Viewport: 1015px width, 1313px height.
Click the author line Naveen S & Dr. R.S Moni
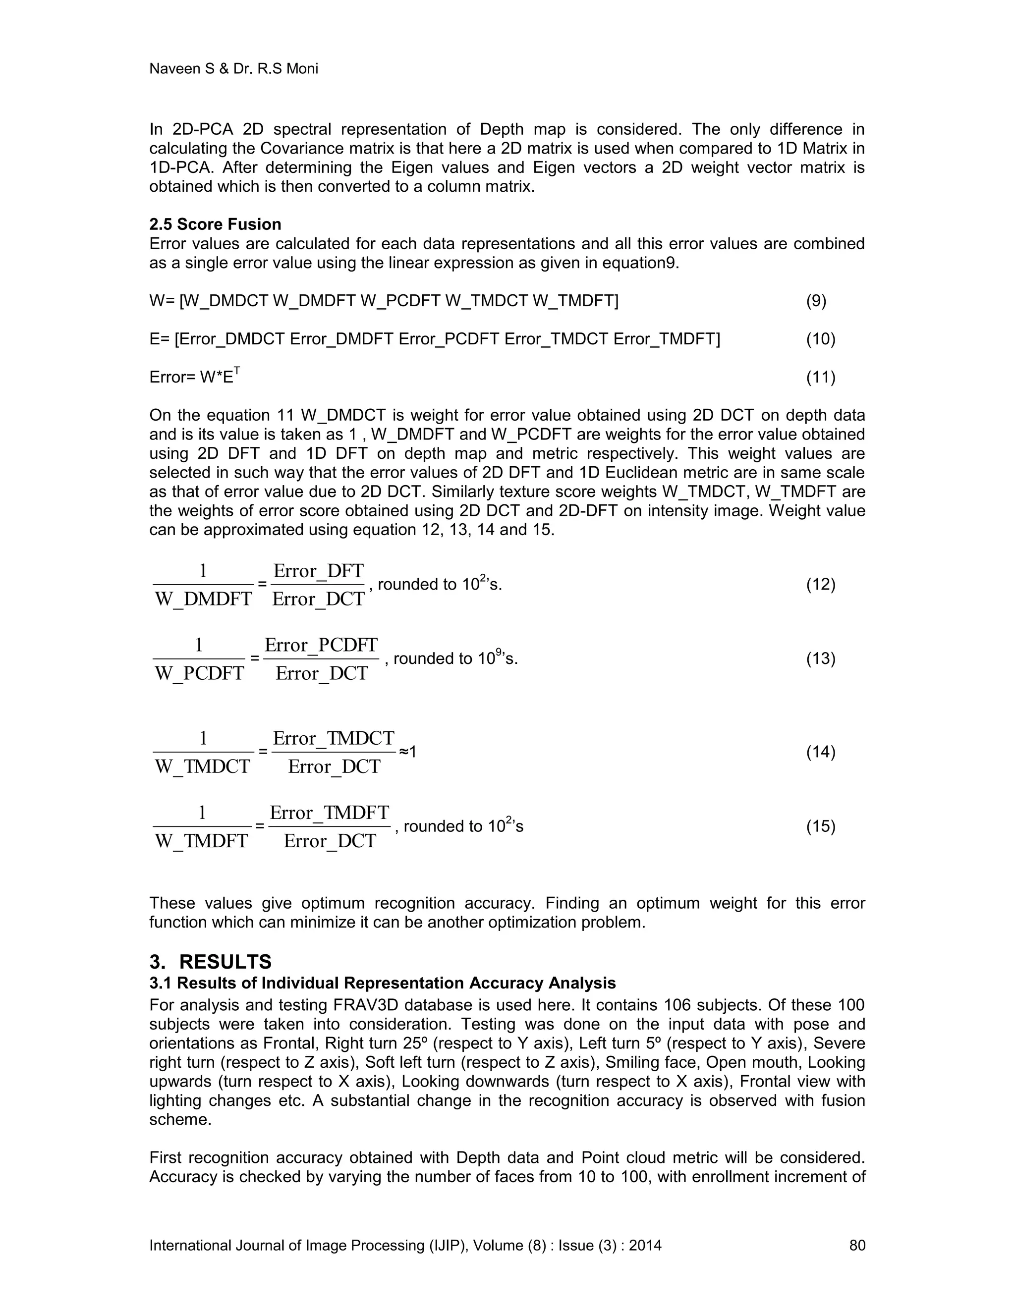pyautogui.click(x=233, y=68)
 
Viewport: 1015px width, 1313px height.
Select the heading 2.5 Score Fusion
pyautogui.click(x=215, y=224)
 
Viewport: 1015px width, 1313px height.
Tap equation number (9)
pyautogui.click(x=816, y=301)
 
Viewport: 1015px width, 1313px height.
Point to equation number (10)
pyautogui.click(x=820, y=339)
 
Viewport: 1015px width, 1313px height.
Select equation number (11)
pyautogui.click(x=820, y=378)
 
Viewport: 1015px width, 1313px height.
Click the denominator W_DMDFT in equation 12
pyautogui.click(x=203, y=600)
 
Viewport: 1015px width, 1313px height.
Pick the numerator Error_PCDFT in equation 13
pyautogui.click(x=321, y=646)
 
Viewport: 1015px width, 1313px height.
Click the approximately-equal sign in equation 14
pyautogui.click(x=403, y=752)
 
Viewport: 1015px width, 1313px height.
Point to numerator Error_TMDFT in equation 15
pyautogui.click(x=329, y=813)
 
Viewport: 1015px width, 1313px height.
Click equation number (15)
pyautogui.click(x=820, y=826)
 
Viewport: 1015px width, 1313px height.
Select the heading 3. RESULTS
pyautogui.click(x=211, y=962)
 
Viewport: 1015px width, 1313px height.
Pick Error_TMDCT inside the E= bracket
pyautogui.click(x=556, y=339)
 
